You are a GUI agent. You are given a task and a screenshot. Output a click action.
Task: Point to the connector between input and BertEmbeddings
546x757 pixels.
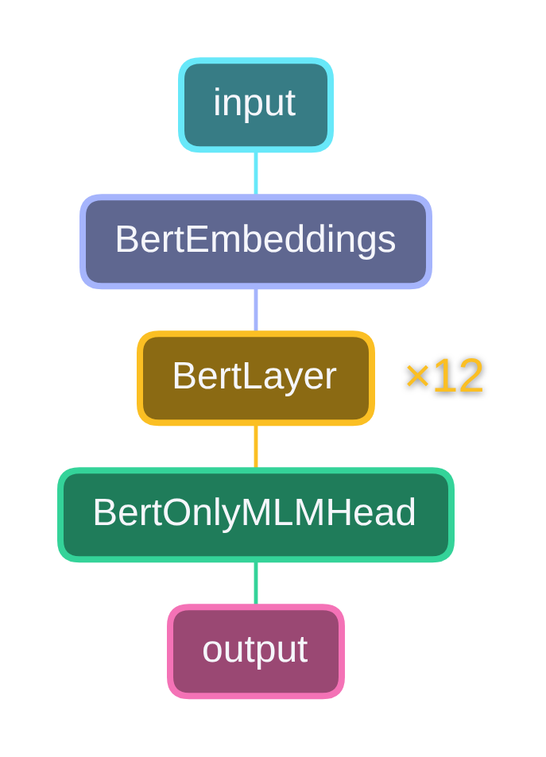coord(255,173)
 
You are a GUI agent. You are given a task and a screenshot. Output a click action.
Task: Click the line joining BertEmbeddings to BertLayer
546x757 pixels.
coord(255,310)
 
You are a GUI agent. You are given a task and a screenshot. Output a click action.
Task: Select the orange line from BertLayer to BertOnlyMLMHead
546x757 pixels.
coord(255,446)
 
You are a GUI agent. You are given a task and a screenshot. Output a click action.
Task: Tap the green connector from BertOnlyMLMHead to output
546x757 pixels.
coord(255,583)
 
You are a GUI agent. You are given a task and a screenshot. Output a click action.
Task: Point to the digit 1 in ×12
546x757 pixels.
coord(443,376)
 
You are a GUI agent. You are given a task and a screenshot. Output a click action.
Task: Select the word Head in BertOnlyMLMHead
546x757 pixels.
coord(380,513)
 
